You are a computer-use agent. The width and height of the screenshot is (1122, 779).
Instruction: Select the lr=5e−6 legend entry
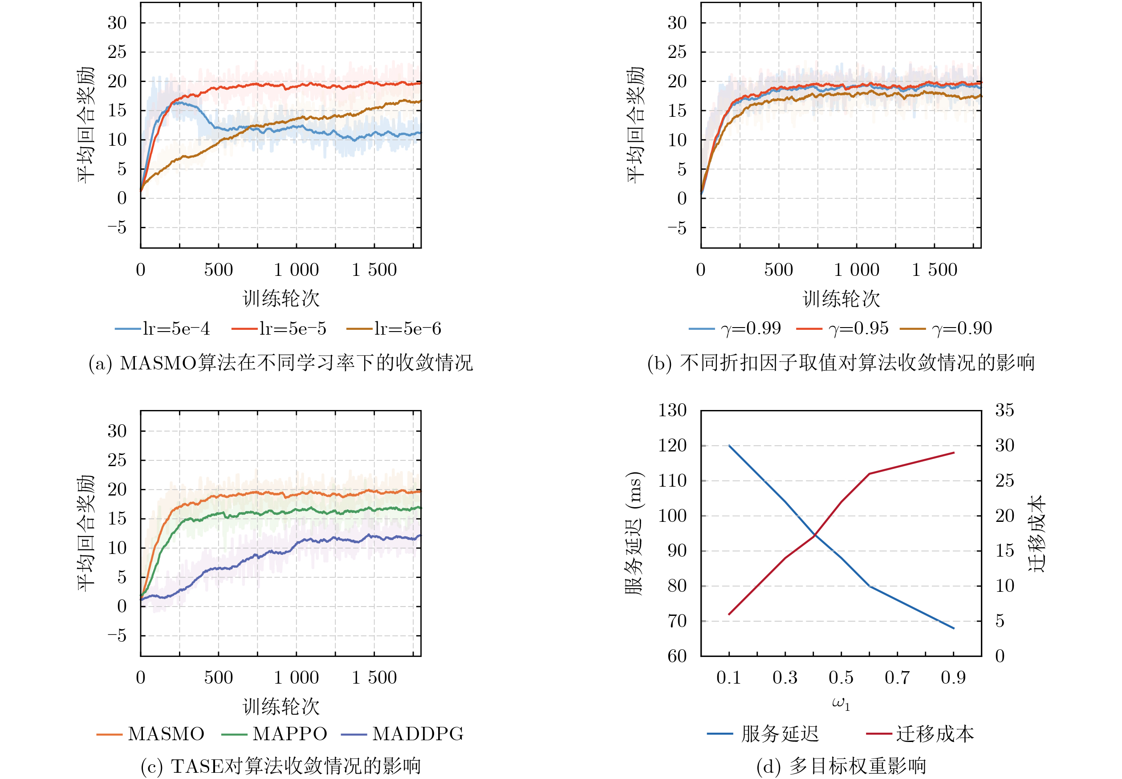[x=394, y=328]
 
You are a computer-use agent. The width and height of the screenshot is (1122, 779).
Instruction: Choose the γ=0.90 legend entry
[x=947, y=328]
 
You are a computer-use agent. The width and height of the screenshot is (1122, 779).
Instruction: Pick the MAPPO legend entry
[x=275, y=734]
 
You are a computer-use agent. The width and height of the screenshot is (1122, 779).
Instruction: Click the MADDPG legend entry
[x=403, y=734]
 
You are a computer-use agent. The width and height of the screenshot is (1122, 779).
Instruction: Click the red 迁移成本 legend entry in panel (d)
[x=920, y=734]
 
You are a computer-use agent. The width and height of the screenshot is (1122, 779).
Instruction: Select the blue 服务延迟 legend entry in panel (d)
[x=764, y=734]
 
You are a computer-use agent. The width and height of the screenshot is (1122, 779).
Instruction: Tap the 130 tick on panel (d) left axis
[x=672, y=410]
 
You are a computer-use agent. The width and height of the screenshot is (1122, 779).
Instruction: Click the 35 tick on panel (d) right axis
[x=1004, y=410]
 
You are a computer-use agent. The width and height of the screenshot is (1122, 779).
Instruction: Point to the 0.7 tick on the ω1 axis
[x=897, y=677]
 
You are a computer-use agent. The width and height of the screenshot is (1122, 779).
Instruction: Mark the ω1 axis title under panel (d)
[x=841, y=704]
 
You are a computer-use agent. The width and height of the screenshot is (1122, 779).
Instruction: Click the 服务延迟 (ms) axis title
[x=634, y=533]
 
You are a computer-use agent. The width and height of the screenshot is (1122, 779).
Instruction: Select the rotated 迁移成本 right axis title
[x=1037, y=533]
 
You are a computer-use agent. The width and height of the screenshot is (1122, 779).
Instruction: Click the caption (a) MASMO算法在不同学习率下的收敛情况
[x=281, y=363]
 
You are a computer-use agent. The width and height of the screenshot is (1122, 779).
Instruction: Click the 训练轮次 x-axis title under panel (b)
[x=841, y=299]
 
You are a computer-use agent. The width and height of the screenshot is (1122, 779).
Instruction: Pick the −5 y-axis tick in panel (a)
[x=117, y=227]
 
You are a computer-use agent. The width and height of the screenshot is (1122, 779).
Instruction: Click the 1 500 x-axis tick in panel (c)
[x=374, y=677]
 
